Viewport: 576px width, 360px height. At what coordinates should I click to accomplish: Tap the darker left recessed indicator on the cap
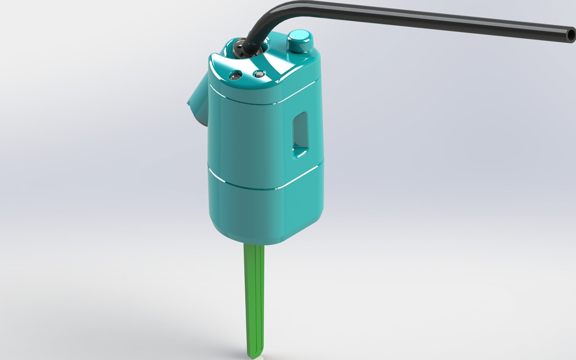[235, 75]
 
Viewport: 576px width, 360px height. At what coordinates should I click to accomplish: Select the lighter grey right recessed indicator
[260, 74]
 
